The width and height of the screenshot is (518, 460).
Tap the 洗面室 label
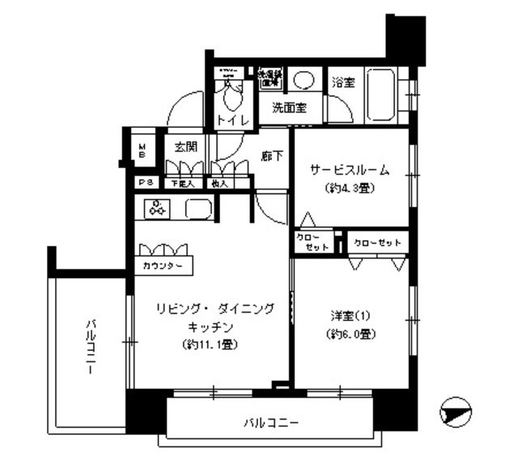(x=288, y=108)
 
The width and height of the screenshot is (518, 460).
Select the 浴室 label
(x=343, y=82)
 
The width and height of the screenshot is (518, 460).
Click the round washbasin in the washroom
(x=304, y=81)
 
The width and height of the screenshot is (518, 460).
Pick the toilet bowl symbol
(x=231, y=97)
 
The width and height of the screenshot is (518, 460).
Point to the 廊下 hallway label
(x=273, y=156)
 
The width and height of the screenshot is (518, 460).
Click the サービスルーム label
(x=350, y=171)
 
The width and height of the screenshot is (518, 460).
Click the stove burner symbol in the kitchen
(x=157, y=208)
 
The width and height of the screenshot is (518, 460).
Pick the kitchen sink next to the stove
(x=198, y=209)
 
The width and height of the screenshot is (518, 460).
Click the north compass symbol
(x=456, y=412)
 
